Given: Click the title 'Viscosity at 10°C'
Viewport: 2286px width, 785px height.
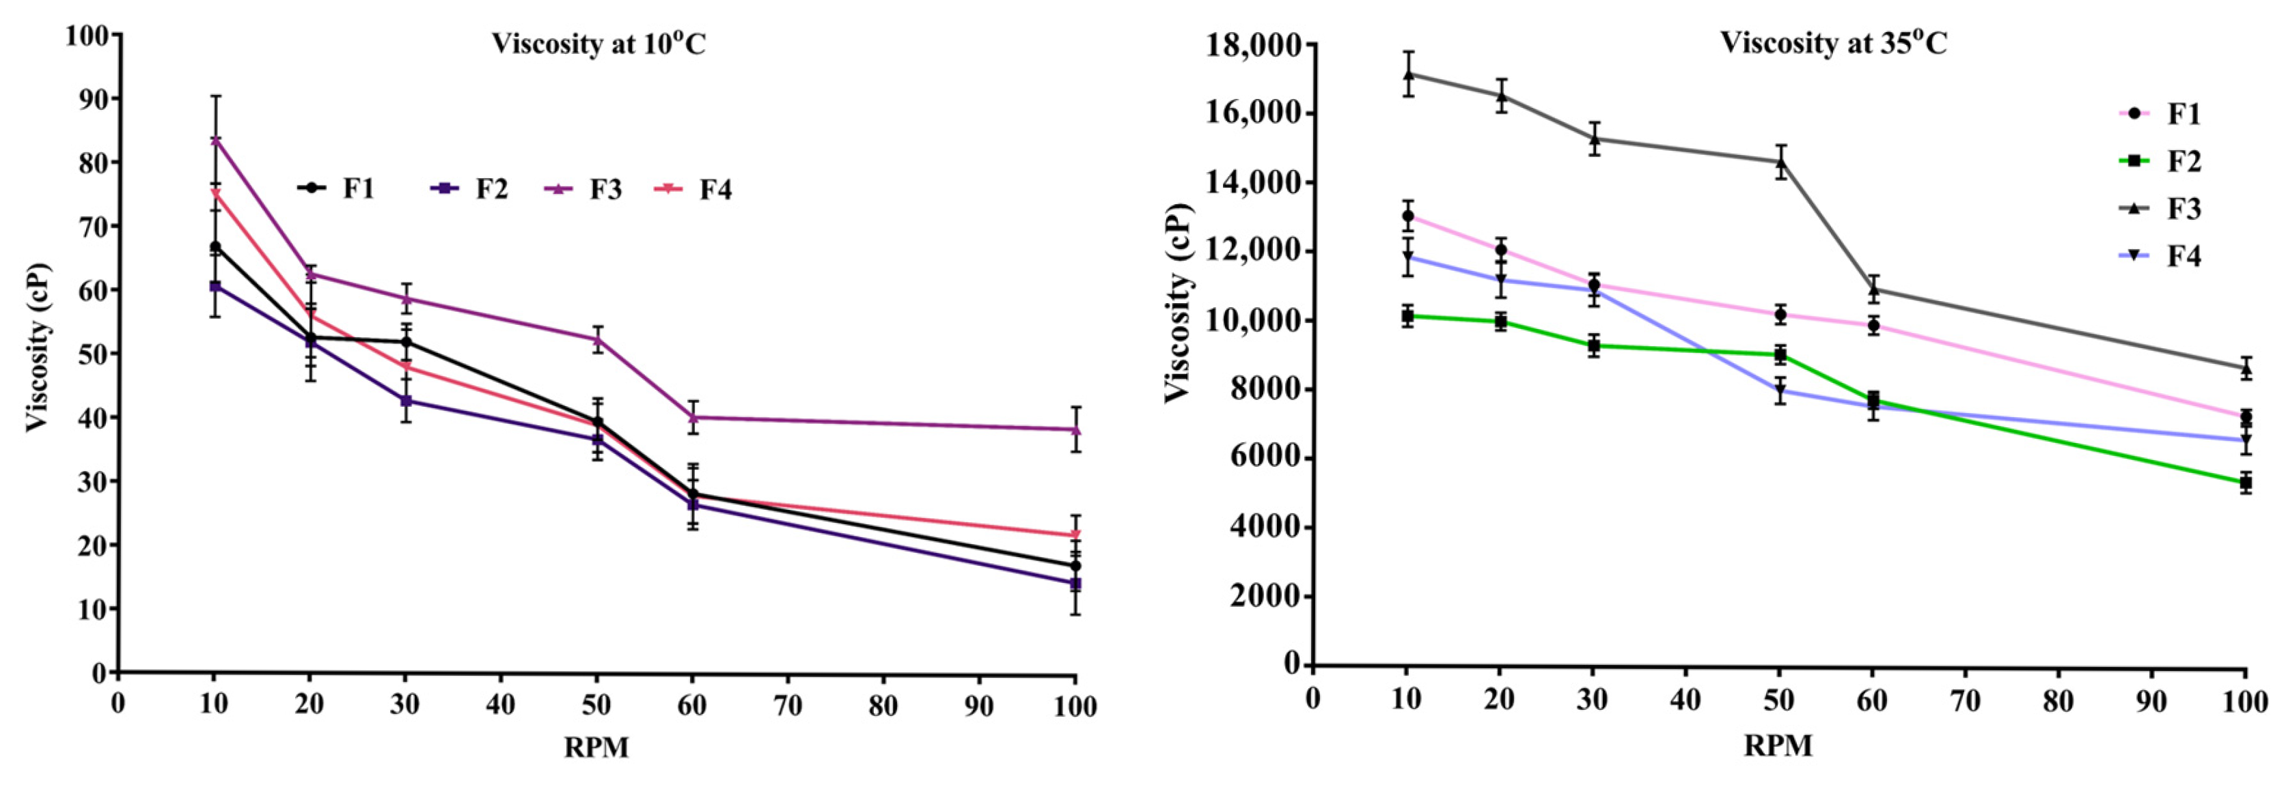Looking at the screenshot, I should click(599, 44).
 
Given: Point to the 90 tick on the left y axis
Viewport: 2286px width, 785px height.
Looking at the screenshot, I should click(87, 98).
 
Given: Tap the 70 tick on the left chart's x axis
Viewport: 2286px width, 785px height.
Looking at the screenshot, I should click(787, 705).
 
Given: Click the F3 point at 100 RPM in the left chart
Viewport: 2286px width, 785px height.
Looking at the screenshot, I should click(1075, 429).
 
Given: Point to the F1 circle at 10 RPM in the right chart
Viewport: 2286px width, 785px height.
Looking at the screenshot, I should click(1407, 216).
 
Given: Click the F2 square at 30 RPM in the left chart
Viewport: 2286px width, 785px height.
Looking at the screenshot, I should click(406, 401).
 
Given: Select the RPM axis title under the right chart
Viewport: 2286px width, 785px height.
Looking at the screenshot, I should click(1778, 746).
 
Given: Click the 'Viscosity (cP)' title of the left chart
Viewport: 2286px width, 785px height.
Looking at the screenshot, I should click(38, 347).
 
